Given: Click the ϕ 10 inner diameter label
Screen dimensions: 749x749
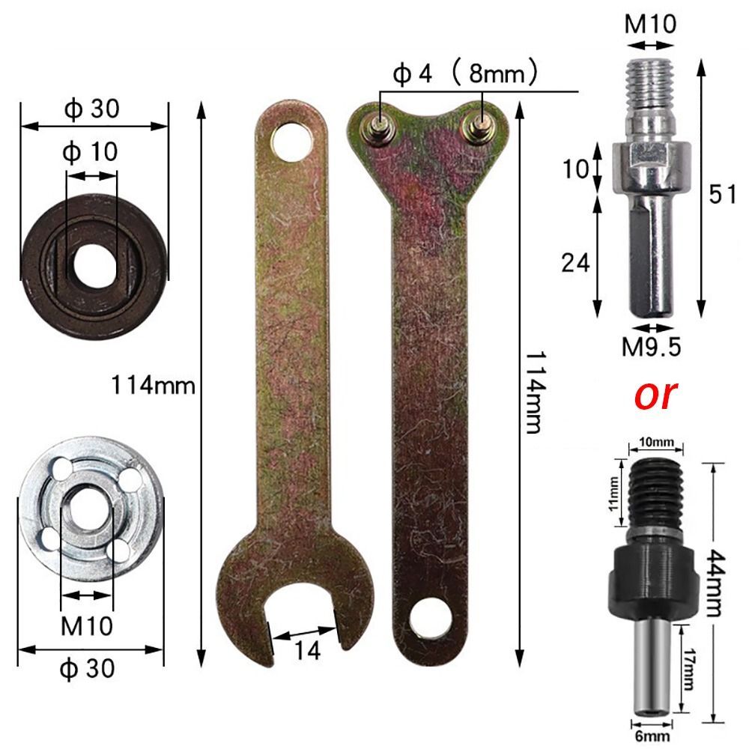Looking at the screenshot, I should pyautogui.click(x=91, y=152).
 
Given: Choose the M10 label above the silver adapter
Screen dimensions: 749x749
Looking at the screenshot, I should pyautogui.click(x=650, y=24).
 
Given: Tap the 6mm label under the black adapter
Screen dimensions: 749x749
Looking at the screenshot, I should pyautogui.click(x=648, y=737).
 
